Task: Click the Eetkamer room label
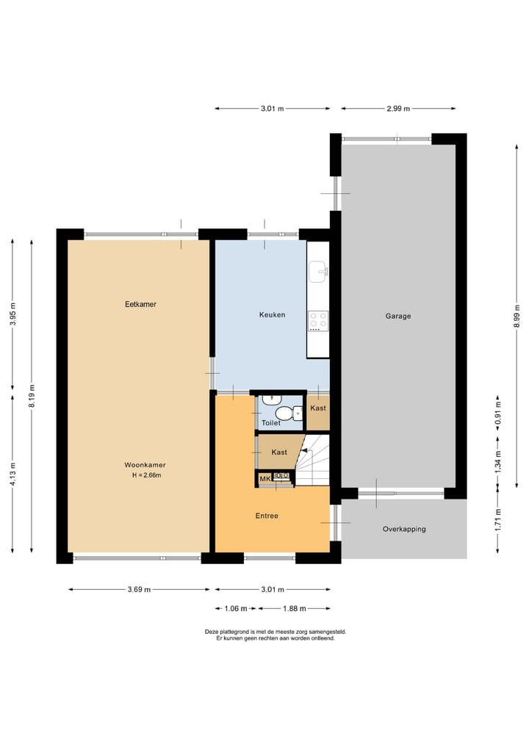140,304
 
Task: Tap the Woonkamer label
145,465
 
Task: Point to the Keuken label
272,315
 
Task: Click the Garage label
398,317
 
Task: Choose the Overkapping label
404,529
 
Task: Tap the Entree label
267,516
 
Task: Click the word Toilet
271,423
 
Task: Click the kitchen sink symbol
318,273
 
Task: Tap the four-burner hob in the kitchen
318,320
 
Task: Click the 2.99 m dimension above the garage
398,109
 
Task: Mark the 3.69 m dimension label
138,589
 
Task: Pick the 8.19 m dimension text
32,397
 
